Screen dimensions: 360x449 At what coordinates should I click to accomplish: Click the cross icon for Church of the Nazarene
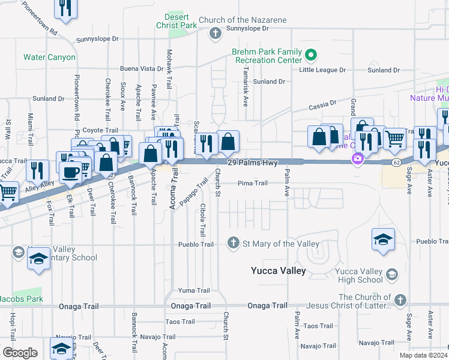click(215, 33)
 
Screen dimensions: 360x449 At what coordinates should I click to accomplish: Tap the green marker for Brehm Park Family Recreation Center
click(310, 56)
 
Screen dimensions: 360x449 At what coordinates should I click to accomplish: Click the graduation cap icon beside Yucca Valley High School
click(391, 275)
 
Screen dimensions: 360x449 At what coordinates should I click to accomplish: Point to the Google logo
click(19, 352)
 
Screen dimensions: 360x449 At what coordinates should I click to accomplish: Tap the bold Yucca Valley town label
click(278, 271)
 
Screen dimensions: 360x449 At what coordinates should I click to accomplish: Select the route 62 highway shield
click(397, 162)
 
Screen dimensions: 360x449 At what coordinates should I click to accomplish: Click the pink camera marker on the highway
click(357, 159)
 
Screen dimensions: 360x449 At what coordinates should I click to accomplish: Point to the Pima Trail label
click(252, 183)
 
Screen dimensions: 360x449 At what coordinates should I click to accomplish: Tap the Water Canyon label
click(49, 58)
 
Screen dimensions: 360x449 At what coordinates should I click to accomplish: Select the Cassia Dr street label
click(324, 106)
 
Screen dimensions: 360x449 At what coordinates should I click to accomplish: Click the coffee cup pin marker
click(70, 172)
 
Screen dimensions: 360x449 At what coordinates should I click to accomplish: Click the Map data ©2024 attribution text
click(422, 355)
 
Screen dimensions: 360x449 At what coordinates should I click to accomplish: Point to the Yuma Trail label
click(194, 290)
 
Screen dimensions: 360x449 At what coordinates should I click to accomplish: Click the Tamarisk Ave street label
click(246, 91)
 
